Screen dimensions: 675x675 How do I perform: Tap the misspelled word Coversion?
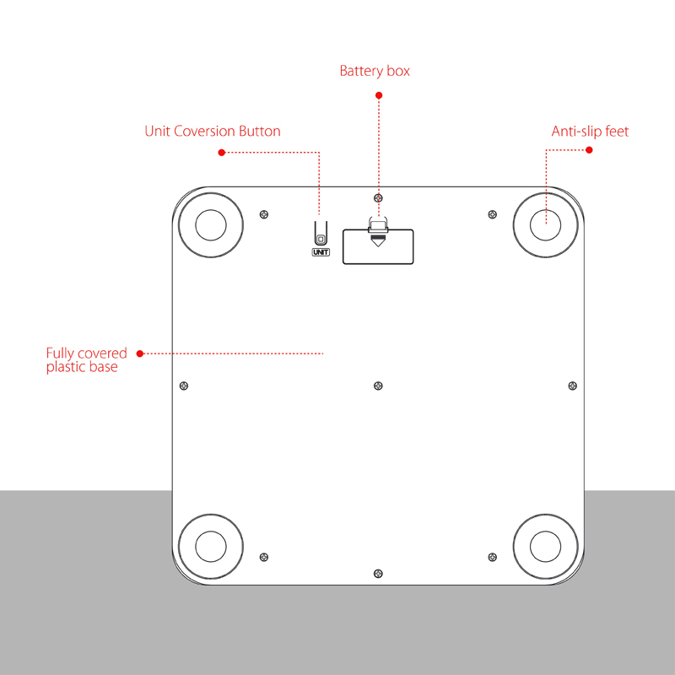[x=204, y=132]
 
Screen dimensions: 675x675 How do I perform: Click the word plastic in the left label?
[x=67, y=368]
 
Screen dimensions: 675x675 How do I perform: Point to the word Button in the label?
[x=259, y=132]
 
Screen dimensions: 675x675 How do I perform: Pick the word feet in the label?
[x=617, y=132]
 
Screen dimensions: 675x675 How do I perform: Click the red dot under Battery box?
[x=379, y=94]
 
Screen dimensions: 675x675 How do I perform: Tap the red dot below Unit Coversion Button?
[x=222, y=153]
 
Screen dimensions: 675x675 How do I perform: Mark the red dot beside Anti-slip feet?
[x=589, y=150]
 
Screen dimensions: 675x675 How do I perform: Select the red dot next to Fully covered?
[x=140, y=353]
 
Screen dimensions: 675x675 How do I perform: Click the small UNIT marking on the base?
[x=321, y=251]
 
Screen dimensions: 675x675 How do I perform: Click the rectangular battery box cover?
[x=378, y=250]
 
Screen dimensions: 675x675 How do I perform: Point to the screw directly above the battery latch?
[x=377, y=196]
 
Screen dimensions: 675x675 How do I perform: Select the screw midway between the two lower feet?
[x=377, y=573]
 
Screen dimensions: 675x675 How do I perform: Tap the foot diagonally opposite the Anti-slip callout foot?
[x=210, y=546]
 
